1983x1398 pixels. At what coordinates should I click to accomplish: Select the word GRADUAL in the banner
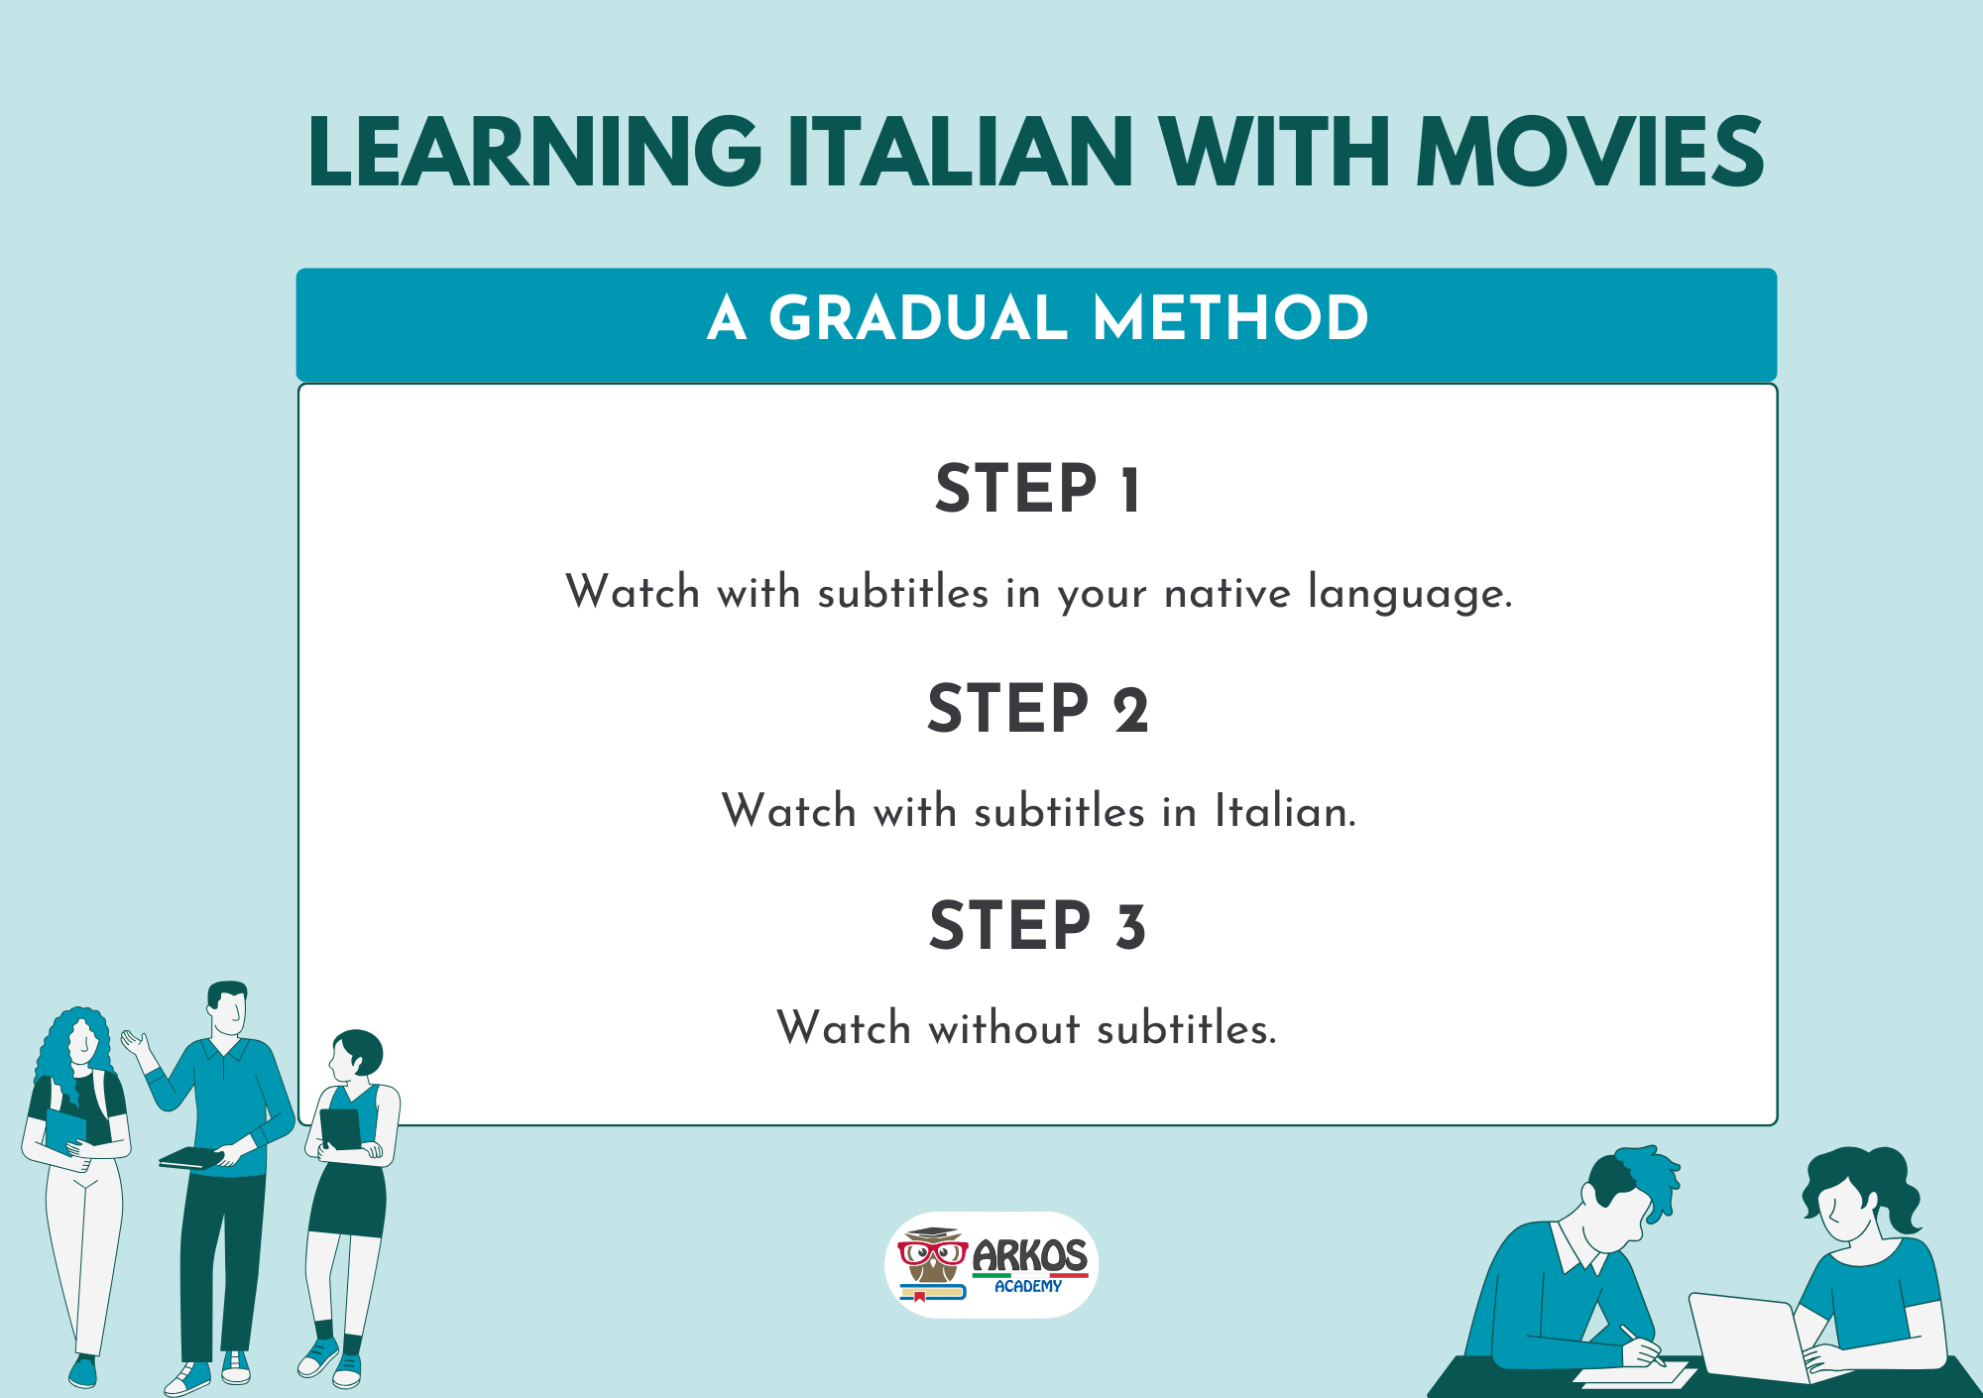click(917, 318)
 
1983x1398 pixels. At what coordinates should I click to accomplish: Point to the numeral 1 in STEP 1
click(1130, 490)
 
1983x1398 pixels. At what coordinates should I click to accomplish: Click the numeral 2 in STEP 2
click(1130, 710)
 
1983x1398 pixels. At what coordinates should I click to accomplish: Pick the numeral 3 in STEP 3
click(1130, 927)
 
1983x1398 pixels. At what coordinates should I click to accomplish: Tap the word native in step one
click(1227, 593)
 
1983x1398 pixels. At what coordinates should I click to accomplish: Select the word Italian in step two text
click(1284, 812)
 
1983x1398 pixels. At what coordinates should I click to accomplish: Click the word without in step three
click(1003, 1028)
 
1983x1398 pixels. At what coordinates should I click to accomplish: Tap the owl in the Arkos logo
click(932, 1259)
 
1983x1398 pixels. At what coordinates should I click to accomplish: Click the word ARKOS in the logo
click(1029, 1256)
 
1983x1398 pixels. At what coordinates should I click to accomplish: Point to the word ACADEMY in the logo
click(1028, 1286)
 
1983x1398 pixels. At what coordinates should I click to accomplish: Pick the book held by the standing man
click(190, 1157)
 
